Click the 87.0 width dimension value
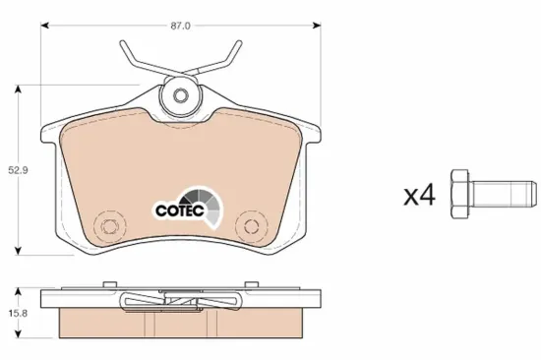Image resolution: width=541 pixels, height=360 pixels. (180, 26)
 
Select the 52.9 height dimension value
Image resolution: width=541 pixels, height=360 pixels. (18, 170)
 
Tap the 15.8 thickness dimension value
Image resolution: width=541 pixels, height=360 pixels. (18, 314)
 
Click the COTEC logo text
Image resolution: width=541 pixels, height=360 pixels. (180, 210)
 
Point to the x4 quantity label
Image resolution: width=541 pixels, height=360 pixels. (420, 195)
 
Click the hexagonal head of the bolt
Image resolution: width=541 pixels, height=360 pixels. (459, 194)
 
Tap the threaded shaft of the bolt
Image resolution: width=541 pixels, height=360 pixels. (503, 194)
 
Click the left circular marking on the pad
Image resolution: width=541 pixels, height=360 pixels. (108, 226)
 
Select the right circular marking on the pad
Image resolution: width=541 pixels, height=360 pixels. (251, 226)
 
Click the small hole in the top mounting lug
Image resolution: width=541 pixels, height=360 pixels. (180, 95)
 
